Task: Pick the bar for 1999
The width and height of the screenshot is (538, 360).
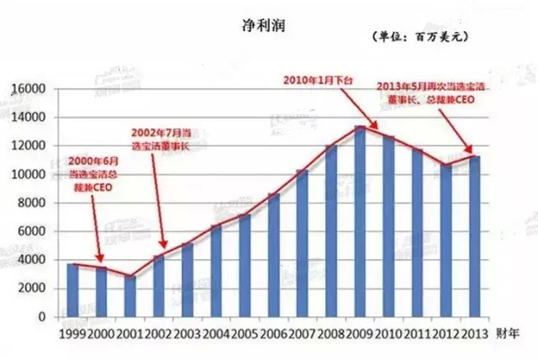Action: (73, 290)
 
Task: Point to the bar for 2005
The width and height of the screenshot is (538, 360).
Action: (245, 266)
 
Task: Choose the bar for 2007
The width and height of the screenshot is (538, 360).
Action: (302, 244)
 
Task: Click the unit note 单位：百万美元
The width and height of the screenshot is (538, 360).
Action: (418, 38)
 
